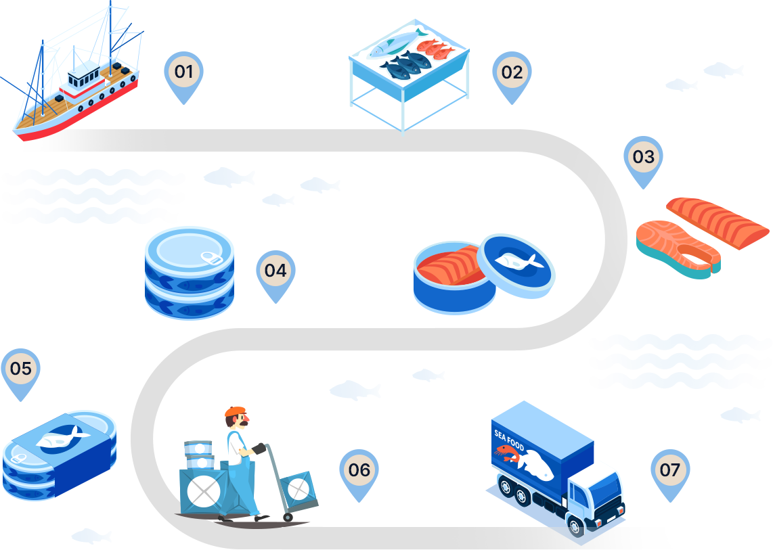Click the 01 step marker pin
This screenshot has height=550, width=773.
coord(183,72)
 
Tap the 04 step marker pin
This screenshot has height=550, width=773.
coord(275,271)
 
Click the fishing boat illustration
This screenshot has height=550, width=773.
coord(74,81)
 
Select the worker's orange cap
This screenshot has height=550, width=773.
coord(235,411)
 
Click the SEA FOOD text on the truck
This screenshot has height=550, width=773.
coord(510,440)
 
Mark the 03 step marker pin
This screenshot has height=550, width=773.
coord(643,158)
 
